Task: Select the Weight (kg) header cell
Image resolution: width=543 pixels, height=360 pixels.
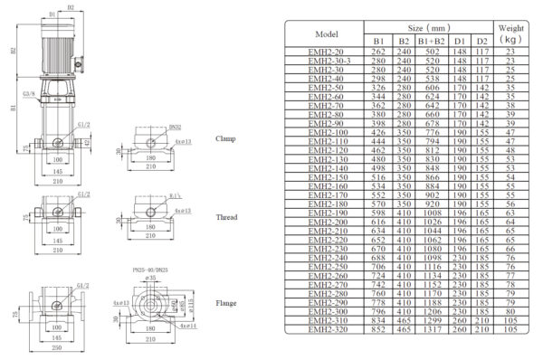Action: point(510,33)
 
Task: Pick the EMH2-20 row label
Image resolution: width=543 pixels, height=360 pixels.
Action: point(325,52)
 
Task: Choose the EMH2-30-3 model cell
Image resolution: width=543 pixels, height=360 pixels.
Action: point(325,60)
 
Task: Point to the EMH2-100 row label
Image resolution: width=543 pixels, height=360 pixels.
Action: point(325,133)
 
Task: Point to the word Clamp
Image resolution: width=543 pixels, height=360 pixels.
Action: point(226,138)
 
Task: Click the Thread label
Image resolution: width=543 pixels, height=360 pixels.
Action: point(226,217)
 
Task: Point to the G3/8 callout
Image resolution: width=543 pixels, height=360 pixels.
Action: point(28,93)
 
